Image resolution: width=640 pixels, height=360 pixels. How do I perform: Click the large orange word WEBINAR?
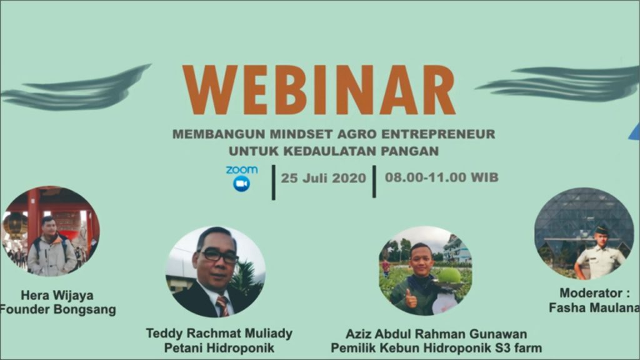click(x=319, y=90)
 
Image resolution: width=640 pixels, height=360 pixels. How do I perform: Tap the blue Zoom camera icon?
click(x=241, y=184)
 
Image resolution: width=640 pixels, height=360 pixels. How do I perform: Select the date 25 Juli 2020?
click(x=323, y=178)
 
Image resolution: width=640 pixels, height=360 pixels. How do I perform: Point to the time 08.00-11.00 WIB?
click(x=442, y=177)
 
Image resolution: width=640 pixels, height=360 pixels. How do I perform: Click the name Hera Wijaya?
click(x=57, y=296)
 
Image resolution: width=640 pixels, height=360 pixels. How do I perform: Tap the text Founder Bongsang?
click(x=58, y=309)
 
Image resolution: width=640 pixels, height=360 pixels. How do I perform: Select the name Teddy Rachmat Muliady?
click(x=219, y=334)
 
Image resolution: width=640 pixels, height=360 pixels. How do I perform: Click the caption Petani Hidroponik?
click(x=219, y=348)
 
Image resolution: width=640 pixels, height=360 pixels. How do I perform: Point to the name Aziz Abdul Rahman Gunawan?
click(x=436, y=334)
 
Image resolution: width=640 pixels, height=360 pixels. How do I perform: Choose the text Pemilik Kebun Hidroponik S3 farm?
click(x=436, y=348)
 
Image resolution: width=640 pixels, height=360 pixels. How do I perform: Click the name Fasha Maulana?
click(x=594, y=307)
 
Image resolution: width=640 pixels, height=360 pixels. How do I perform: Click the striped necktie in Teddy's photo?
click(x=223, y=306)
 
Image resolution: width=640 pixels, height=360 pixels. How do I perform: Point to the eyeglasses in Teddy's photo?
click(x=218, y=256)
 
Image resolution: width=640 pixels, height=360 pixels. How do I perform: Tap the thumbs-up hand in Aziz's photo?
click(x=410, y=300)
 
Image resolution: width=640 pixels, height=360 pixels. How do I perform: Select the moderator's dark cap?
click(x=602, y=230)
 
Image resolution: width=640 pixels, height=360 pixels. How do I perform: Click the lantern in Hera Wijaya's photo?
click(x=14, y=224)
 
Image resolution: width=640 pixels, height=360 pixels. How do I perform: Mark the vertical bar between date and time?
click(x=374, y=182)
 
